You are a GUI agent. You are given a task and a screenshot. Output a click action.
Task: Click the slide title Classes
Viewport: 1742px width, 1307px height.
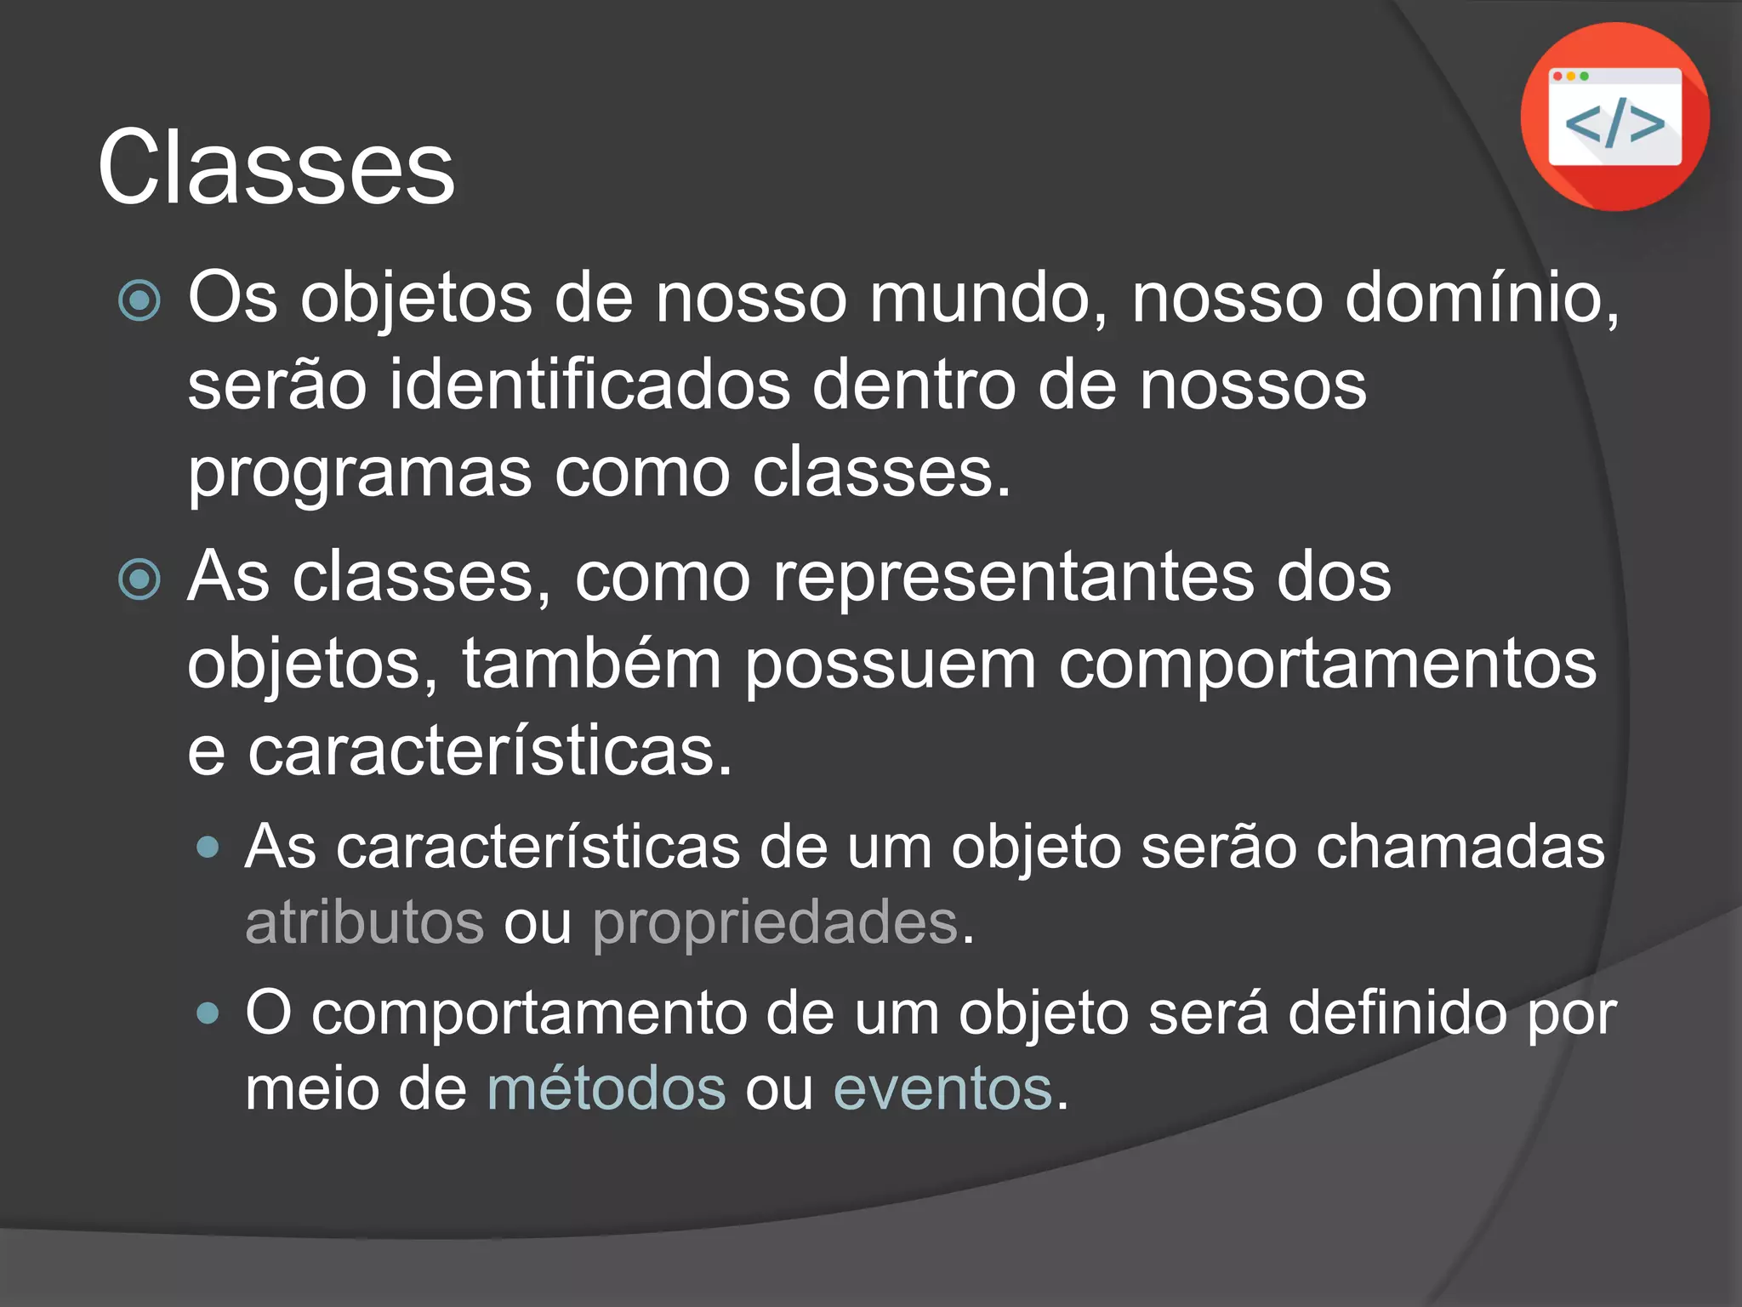tap(276, 168)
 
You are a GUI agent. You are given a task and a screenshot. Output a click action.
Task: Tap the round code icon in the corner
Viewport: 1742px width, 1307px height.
tap(1614, 117)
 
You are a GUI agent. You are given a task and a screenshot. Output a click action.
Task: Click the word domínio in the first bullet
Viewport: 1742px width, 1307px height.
tap(1481, 299)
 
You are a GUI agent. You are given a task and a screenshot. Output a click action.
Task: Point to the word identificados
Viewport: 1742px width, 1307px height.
tap(589, 385)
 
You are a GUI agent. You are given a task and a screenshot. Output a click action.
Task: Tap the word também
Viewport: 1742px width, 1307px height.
tap(591, 665)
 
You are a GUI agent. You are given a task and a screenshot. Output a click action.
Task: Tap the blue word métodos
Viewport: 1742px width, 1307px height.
tap(606, 1088)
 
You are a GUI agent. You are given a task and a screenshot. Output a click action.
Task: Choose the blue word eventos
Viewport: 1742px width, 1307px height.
tap(942, 1088)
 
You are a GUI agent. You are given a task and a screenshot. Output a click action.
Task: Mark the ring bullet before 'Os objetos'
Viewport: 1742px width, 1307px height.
tap(139, 300)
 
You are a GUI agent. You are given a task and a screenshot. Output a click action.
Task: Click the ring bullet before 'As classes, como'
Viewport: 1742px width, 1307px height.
tap(139, 579)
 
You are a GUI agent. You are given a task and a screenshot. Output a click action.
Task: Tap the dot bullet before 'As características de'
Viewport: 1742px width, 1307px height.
tap(208, 848)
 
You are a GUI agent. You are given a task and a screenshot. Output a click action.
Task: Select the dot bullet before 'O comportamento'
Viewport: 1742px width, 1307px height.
tap(208, 1013)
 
